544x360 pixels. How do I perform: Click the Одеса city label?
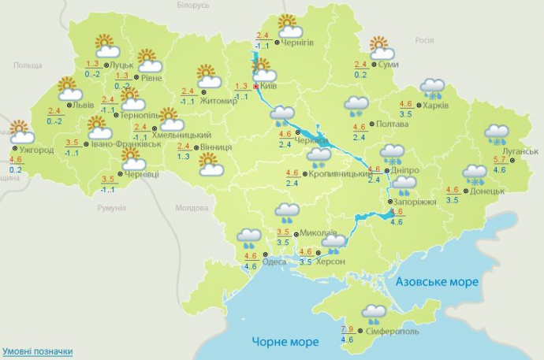coord(274,262)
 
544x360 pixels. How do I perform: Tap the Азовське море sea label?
coord(432,282)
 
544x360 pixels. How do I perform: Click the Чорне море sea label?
coord(285,341)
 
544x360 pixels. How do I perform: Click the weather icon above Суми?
coord(380,46)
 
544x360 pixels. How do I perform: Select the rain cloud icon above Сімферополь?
coord(373,314)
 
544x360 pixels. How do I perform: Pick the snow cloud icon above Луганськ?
coord(497,134)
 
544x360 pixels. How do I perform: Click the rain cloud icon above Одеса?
coord(249,237)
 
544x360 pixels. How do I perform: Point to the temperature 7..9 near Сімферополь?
coord(347,328)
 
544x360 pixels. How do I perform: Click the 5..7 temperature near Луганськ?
coord(500,160)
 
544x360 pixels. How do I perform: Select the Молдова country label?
coord(190,208)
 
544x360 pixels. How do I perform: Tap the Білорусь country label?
coord(193,5)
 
